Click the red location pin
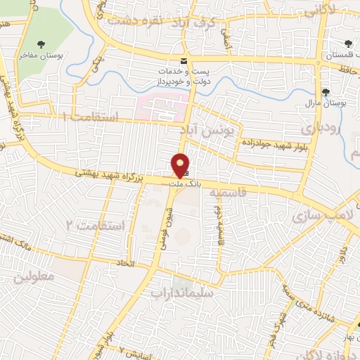click(181, 165)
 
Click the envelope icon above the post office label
click(184, 61)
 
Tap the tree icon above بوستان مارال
click(326, 91)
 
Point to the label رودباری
click(321, 129)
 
